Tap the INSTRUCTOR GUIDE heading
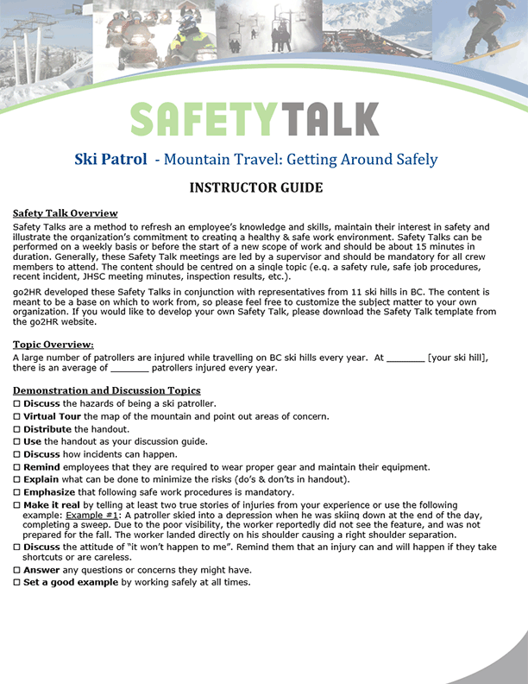click(256, 187)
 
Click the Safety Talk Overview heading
click(65, 213)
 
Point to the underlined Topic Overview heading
click(53, 345)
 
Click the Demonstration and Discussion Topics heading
click(107, 391)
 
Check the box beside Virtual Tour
click(17, 416)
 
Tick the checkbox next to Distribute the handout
click(17, 429)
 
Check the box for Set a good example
click(17, 583)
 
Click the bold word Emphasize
click(53, 492)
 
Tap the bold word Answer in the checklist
click(41, 570)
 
